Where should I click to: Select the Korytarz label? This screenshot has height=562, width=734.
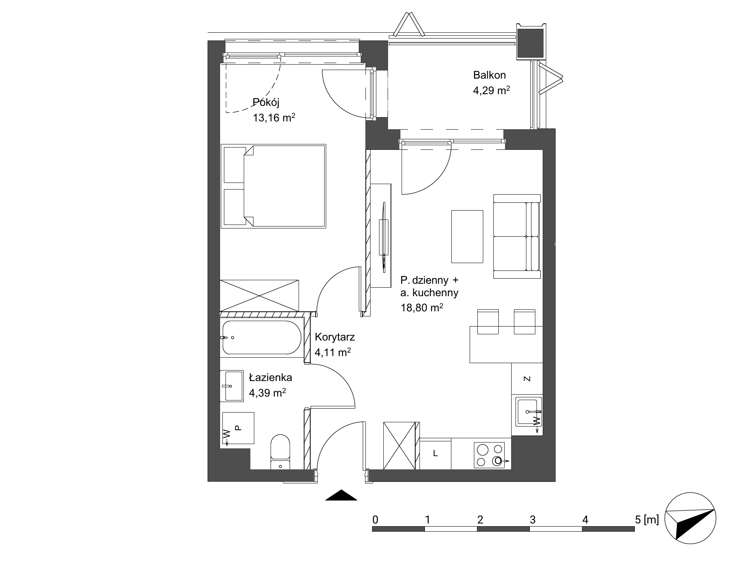(x=335, y=337)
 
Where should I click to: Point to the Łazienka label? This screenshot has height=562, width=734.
(x=271, y=377)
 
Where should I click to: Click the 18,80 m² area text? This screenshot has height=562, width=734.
(x=422, y=308)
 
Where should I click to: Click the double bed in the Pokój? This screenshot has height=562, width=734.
(x=273, y=186)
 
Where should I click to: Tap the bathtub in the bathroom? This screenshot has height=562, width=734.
(x=261, y=337)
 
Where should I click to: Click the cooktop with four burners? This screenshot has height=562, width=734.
(x=489, y=455)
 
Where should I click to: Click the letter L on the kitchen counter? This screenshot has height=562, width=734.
(x=435, y=453)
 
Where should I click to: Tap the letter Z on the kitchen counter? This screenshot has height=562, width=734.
(x=527, y=379)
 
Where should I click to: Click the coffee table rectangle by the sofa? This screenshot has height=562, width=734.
(x=467, y=236)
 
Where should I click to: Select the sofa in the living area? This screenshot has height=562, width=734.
(x=517, y=236)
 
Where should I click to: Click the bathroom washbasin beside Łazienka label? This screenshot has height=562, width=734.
(x=232, y=386)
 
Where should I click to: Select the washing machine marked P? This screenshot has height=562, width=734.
(x=237, y=428)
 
